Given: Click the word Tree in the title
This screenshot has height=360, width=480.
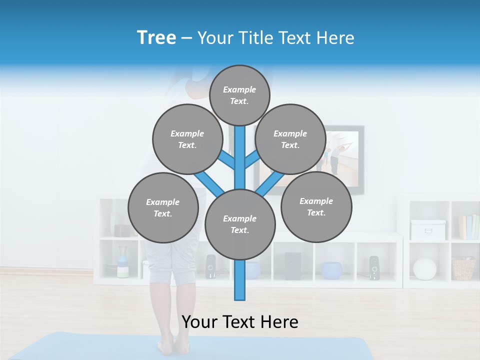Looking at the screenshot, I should [x=156, y=38].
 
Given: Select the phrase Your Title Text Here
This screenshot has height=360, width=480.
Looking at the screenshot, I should [x=275, y=38].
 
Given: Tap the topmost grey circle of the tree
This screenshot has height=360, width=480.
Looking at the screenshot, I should [x=239, y=95].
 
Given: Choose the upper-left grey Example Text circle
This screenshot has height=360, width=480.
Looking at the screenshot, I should [x=187, y=139].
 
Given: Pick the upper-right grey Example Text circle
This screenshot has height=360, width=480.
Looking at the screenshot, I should [x=290, y=139].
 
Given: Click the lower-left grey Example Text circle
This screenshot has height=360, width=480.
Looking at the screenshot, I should [x=163, y=207].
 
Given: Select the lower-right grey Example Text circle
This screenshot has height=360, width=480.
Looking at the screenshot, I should [x=316, y=206].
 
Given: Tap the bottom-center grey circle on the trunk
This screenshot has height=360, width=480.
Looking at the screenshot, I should [x=240, y=224].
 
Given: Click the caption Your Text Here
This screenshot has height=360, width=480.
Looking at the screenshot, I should [x=240, y=322].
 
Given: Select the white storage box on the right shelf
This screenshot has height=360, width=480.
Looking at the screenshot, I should [x=428, y=229].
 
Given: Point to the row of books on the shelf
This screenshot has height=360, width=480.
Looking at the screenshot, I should [x=468, y=227].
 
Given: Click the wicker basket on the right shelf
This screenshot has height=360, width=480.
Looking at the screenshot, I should [x=463, y=268].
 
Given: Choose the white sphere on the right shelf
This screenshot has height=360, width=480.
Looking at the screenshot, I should [x=425, y=268].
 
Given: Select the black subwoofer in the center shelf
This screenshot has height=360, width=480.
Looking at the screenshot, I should [x=292, y=266].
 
